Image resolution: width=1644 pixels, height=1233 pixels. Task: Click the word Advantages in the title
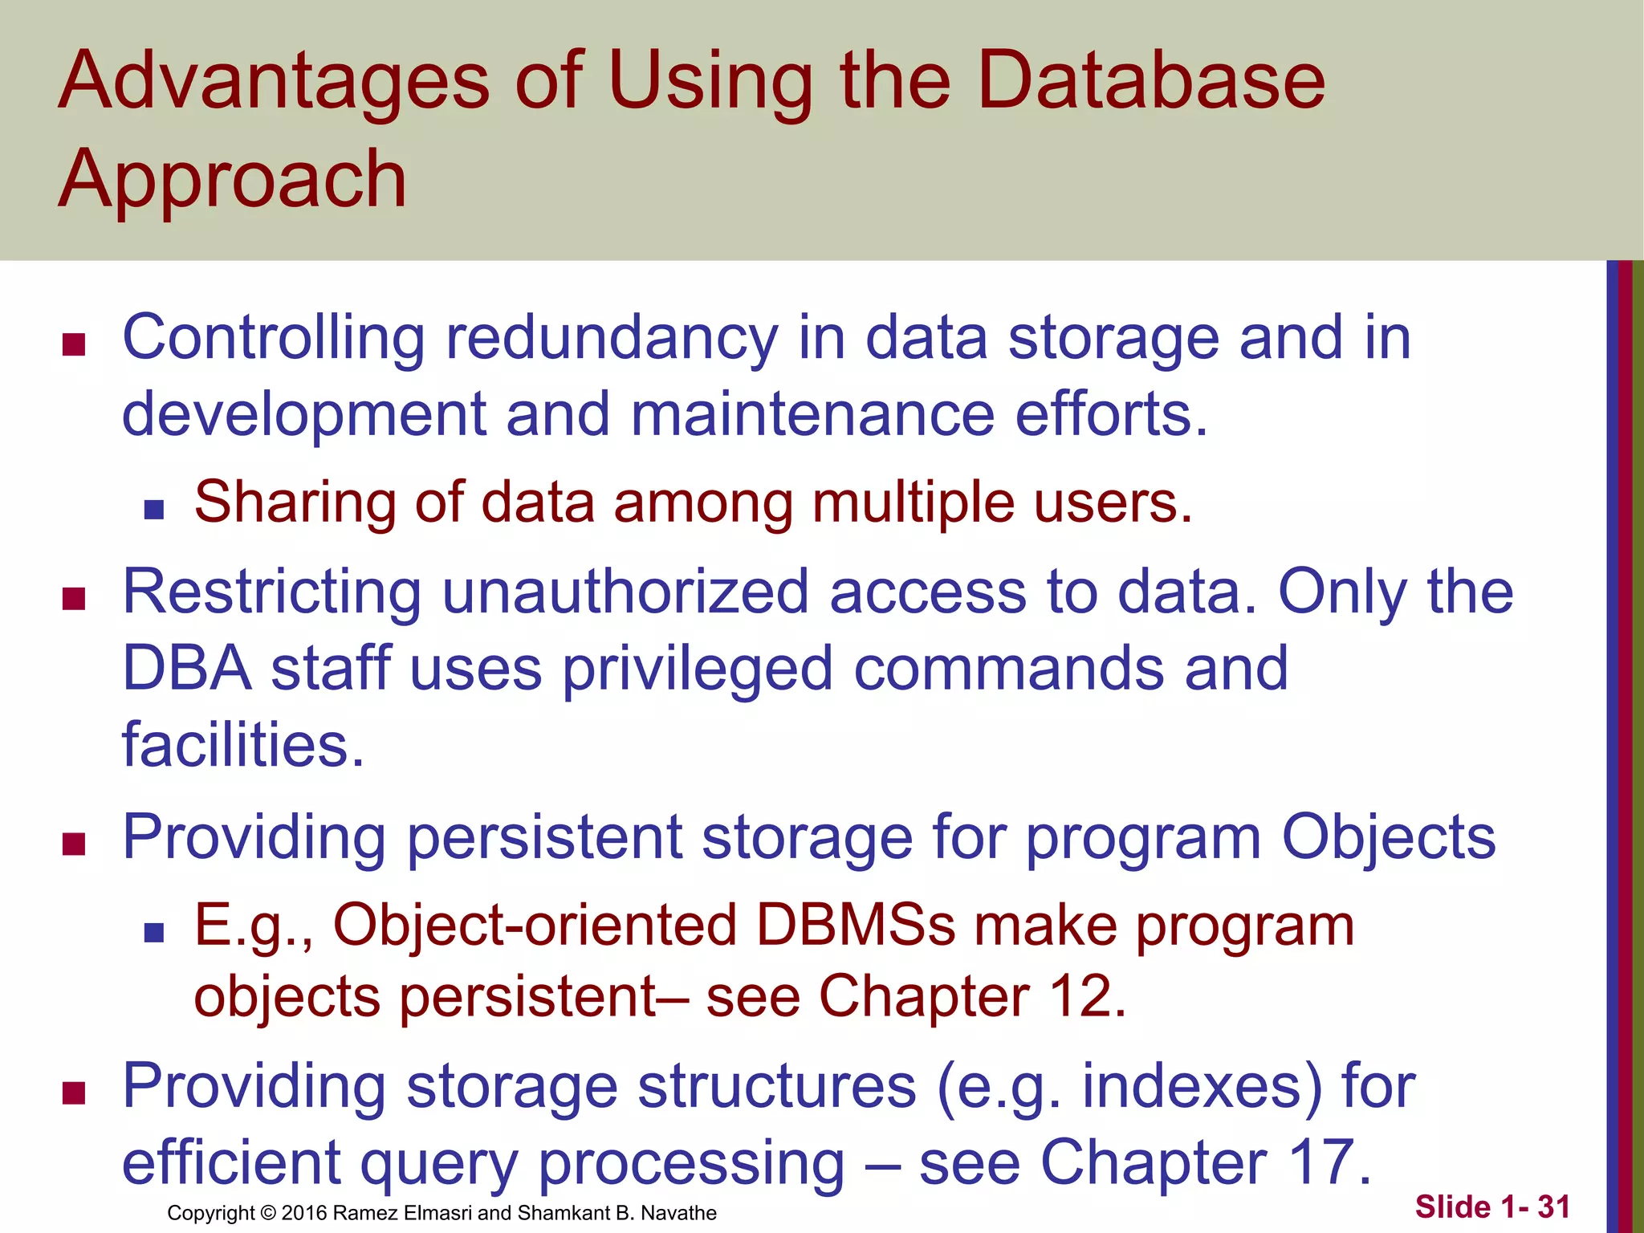click(x=273, y=83)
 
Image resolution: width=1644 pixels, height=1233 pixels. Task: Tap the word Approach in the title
click(x=233, y=181)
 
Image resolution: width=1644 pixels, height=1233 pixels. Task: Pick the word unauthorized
click(x=625, y=592)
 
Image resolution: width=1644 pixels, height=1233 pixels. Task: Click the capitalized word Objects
click(x=1389, y=837)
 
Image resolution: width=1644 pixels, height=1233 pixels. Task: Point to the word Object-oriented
click(x=535, y=926)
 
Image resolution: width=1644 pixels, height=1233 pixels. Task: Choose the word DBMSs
click(x=856, y=926)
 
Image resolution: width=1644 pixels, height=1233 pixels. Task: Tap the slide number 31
click(x=1553, y=1207)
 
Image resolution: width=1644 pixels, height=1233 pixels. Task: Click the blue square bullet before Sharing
click(x=154, y=510)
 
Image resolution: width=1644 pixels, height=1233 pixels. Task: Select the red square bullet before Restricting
click(x=74, y=599)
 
